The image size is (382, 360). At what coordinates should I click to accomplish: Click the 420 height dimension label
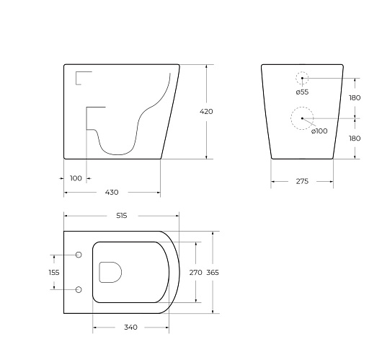pyautogui.click(x=206, y=112)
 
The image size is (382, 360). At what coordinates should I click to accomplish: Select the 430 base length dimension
pyautogui.click(x=112, y=193)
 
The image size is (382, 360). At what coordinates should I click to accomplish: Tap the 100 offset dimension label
pyautogui.click(x=76, y=178)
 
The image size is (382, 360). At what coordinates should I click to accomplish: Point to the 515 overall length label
pyautogui.click(x=122, y=216)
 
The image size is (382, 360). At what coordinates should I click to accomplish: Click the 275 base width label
pyautogui.click(x=302, y=181)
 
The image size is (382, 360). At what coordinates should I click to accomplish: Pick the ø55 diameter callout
pyautogui.click(x=302, y=92)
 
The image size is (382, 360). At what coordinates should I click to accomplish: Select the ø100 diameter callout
pyautogui.click(x=319, y=131)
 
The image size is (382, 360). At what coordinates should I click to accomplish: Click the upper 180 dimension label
pyautogui.click(x=355, y=98)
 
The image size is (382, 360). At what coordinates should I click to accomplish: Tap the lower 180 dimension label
pyautogui.click(x=355, y=139)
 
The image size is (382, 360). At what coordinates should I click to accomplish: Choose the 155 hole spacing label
pyautogui.click(x=54, y=272)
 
